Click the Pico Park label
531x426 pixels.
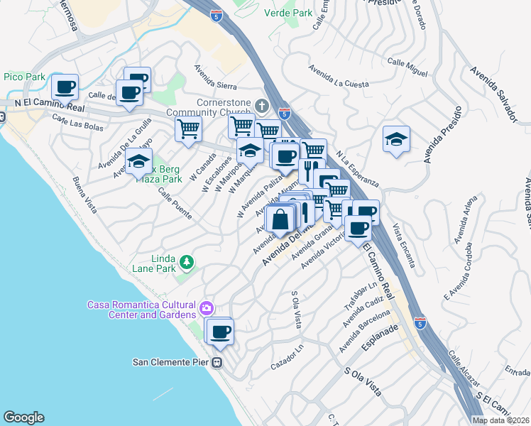pos(24,76)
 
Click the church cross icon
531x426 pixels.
pos(261,107)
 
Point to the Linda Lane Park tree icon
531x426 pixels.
pos(187,263)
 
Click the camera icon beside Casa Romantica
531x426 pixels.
pos(206,308)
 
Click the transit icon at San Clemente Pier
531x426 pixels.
pos(217,362)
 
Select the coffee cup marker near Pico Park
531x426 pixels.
pos(65,87)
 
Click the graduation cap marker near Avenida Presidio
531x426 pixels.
pos(396,138)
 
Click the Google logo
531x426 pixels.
pos(23,417)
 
